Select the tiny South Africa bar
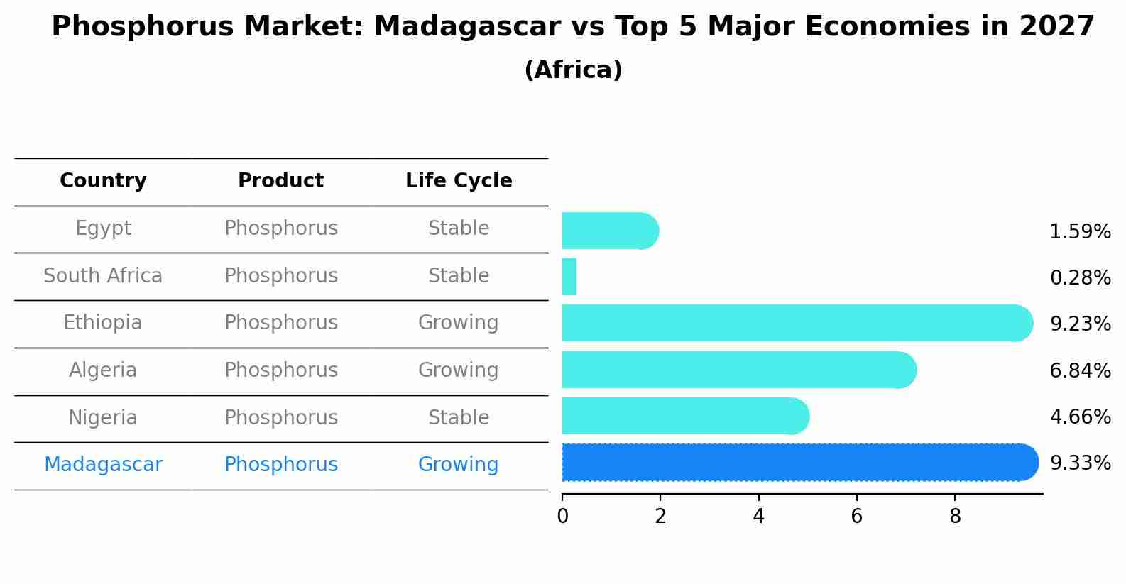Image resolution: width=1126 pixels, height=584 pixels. click(569, 277)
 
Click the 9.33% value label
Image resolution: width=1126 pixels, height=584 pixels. click(1080, 463)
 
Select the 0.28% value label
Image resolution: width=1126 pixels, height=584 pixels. click(1080, 278)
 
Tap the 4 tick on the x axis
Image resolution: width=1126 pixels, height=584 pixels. click(758, 517)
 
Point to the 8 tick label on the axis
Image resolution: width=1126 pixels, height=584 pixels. click(955, 517)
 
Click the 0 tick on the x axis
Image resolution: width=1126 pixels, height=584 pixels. click(562, 517)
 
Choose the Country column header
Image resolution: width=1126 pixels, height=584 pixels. click(103, 181)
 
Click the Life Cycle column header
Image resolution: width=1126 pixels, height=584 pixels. click(459, 181)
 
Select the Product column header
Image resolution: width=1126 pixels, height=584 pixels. click(280, 181)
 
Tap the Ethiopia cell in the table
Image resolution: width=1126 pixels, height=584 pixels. click(103, 323)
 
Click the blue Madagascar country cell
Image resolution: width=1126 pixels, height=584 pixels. click(103, 465)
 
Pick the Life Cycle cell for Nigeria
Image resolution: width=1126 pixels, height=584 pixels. click(459, 417)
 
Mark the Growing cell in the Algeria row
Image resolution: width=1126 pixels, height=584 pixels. click(459, 370)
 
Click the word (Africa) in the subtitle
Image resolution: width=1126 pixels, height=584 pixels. click(573, 70)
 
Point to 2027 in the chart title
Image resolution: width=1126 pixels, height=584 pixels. click(1057, 27)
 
